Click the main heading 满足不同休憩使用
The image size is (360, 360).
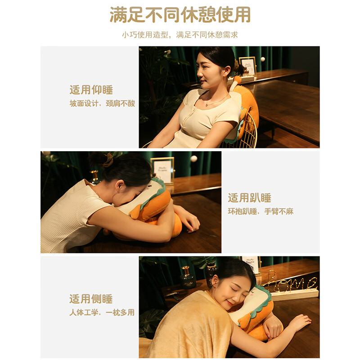(x=180, y=15)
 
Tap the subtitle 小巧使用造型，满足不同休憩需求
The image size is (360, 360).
(x=180, y=35)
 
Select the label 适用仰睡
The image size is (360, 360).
(x=91, y=90)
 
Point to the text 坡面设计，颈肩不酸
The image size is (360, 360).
(x=102, y=103)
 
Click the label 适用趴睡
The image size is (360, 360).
(x=250, y=198)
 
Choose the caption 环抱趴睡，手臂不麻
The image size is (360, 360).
(x=261, y=211)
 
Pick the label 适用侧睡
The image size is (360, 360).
(x=91, y=299)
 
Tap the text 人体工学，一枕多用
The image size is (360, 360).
(x=102, y=312)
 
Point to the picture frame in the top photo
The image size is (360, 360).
(x=247, y=66)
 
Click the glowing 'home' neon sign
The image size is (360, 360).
(x=290, y=284)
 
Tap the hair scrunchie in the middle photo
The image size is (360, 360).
(x=108, y=160)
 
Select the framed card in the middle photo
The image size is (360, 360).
(x=162, y=170)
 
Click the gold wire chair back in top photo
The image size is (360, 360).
(x=249, y=133)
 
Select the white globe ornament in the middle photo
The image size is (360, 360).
(x=194, y=159)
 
